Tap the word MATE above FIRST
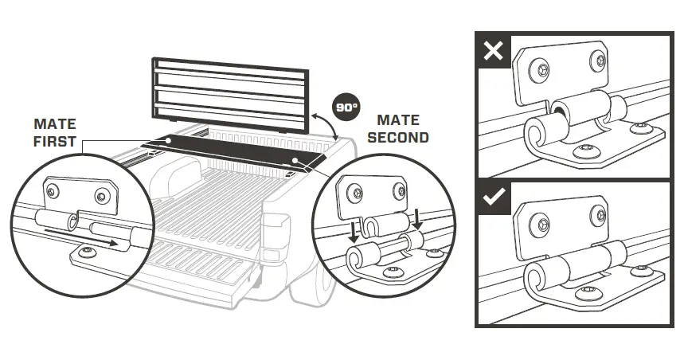pyautogui.click(x=55, y=125)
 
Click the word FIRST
pyautogui.click(x=55, y=142)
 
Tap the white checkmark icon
pyautogui.click(x=494, y=198)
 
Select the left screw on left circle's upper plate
pyautogui.click(x=52, y=190)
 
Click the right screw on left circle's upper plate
pyautogui.click(x=102, y=196)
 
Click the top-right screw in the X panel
pyautogui.click(x=596, y=59)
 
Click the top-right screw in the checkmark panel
pyautogui.click(x=596, y=205)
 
